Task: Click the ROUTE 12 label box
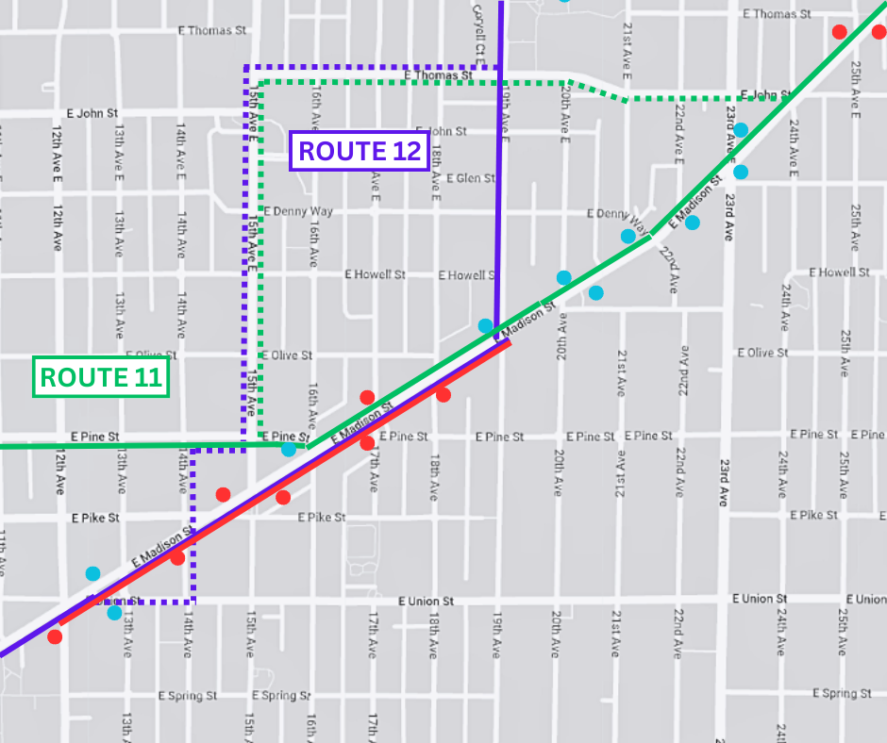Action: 360,151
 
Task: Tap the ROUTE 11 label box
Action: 101,377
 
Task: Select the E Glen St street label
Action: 471,178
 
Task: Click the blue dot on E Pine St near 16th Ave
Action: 289,450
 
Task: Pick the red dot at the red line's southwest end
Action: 55,636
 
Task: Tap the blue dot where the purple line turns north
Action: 485,326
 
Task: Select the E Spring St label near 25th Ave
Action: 842,694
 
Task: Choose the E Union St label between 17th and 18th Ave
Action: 426,601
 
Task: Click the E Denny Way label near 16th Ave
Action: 299,211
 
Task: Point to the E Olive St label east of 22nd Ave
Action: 761,353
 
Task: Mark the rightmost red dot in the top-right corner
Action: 879,31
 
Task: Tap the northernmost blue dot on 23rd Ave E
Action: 741,129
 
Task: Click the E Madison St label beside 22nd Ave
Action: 696,201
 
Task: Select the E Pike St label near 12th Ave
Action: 96,518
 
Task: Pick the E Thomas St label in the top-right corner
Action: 777,14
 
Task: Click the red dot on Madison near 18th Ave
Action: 443,395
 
